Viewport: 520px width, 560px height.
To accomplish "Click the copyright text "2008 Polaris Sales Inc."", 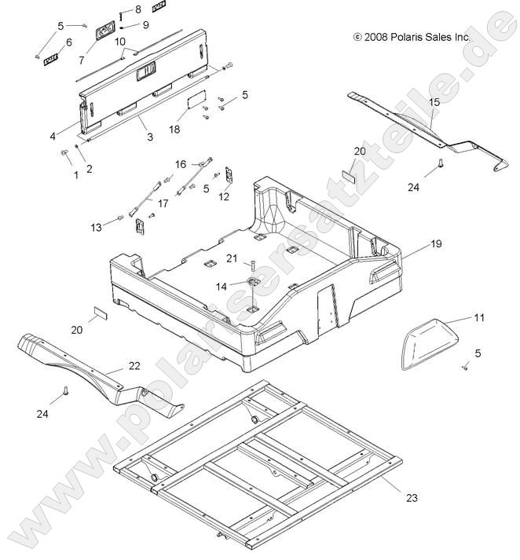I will [x=416, y=37].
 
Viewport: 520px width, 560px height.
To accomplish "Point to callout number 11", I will [x=478, y=318].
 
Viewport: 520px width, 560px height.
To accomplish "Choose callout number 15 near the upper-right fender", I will [x=434, y=103].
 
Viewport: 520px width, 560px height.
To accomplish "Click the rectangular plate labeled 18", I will [x=195, y=103].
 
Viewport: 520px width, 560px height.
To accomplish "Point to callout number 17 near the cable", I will [x=163, y=203].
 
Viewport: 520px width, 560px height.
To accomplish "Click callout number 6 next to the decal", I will [x=68, y=42].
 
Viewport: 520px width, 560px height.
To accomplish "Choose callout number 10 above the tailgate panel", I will [x=120, y=41].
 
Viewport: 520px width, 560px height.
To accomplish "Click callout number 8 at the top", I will [x=138, y=9].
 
